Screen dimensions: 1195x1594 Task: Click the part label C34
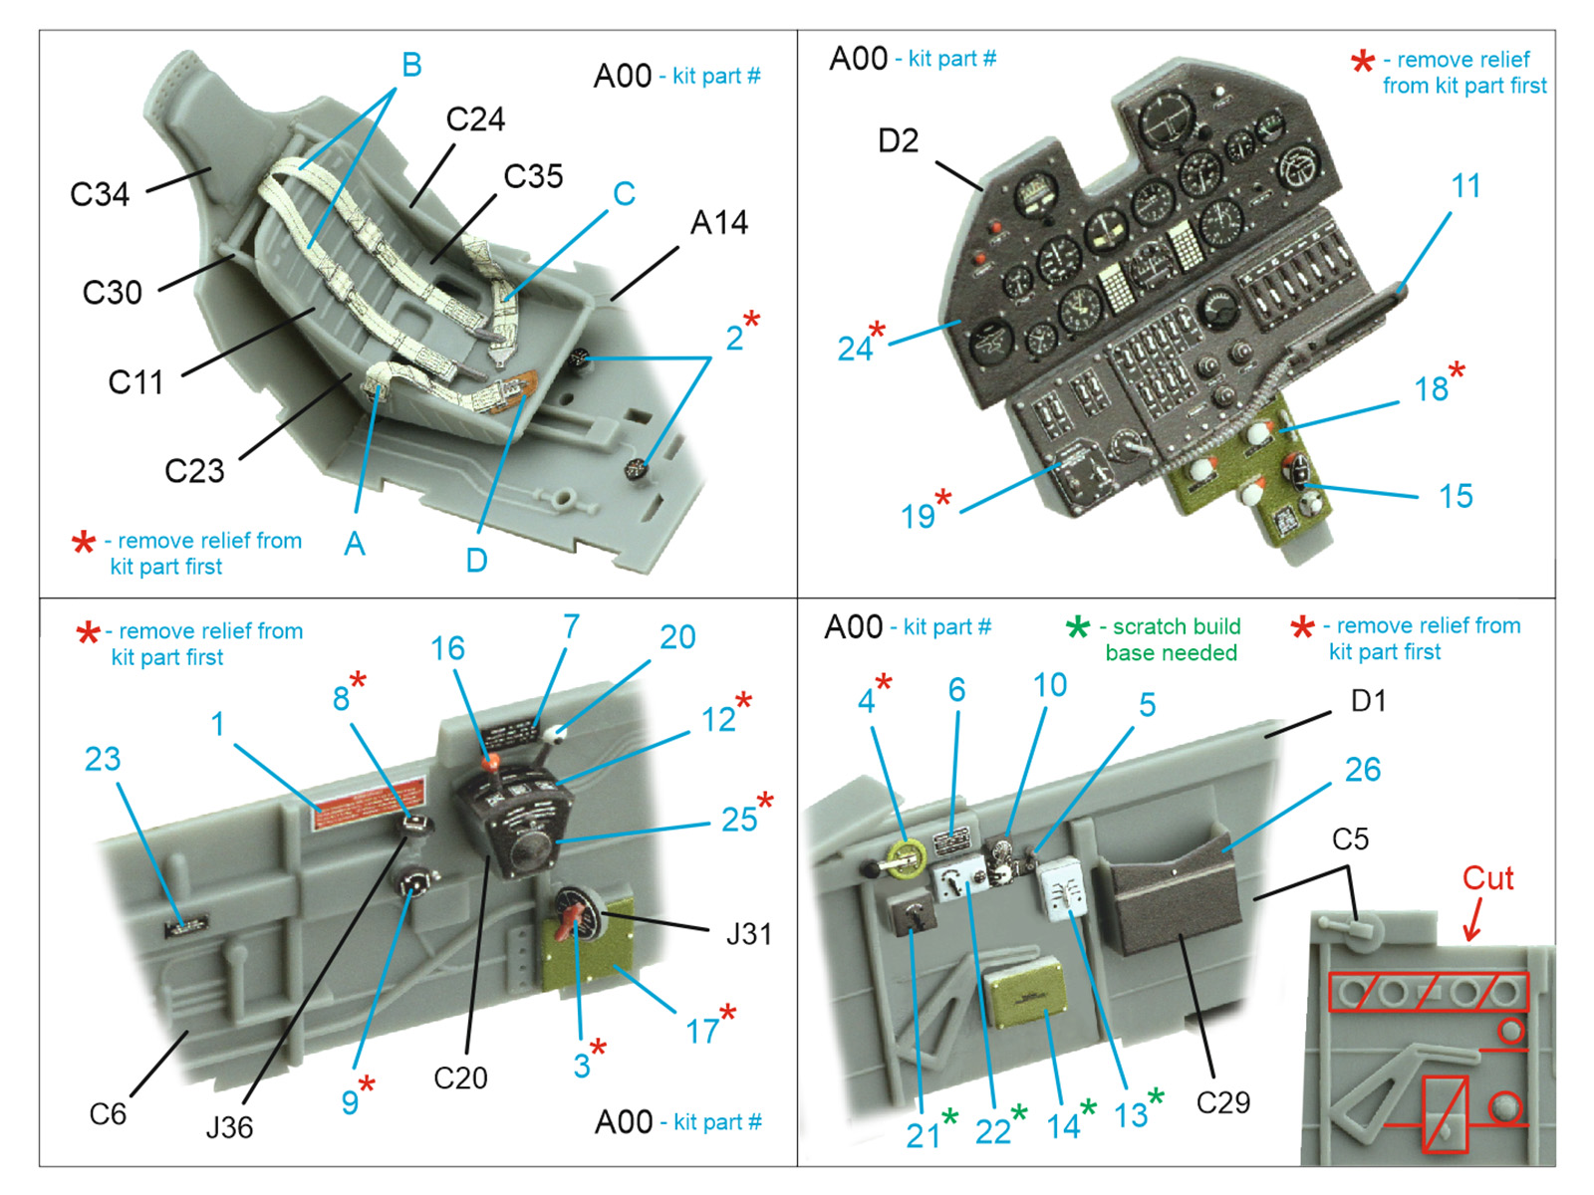(x=100, y=194)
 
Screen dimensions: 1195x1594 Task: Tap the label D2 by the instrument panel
(x=898, y=141)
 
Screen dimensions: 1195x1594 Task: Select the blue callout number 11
(x=1464, y=186)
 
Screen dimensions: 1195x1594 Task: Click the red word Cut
(x=1486, y=878)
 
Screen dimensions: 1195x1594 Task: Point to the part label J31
(x=748, y=934)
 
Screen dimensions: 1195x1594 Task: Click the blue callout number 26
(x=1362, y=770)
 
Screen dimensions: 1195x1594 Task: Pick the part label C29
(x=1222, y=1102)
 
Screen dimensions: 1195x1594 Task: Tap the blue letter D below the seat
(x=476, y=560)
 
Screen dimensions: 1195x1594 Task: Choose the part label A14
(x=718, y=223)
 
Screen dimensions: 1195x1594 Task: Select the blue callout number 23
(x=103, y=760)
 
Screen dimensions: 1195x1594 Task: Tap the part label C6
(x=108, y=1113)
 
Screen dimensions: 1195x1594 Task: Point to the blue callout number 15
(x=1456, y=496)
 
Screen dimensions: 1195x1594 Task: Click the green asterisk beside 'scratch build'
(x=1077, y=628)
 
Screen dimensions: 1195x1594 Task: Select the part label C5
(x=1350, y=839)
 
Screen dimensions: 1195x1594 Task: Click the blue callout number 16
(x=447, y=649)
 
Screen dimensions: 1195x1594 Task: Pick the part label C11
(x=135, y=382)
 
